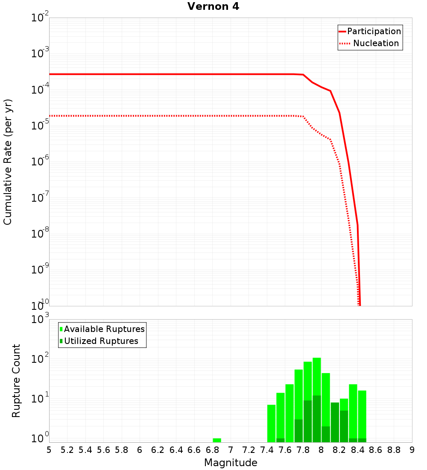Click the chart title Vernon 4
point(213,6)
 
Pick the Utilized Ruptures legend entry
point(101,341)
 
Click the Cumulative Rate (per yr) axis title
point(8,162)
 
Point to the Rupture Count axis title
point(16,380)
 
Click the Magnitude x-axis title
point(231,463)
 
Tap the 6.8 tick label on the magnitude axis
point(212,450)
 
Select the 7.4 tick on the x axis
point(267,450)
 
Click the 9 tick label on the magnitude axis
point(412,450)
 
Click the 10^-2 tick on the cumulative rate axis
point(40,18)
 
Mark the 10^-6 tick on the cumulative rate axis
point(40,162)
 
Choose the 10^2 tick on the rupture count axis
point(40,359)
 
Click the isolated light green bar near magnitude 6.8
point(217,440)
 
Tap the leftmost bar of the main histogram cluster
point(271,423)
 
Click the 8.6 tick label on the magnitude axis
point(376,450)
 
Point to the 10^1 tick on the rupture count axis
point(40,400)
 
